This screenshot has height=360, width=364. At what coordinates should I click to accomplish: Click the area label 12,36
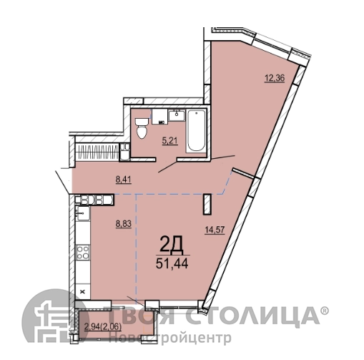[x=275, y=78]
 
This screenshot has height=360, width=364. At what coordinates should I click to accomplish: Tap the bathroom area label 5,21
[x=170, y=141]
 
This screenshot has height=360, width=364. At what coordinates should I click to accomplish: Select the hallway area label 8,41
[x=124, y=180]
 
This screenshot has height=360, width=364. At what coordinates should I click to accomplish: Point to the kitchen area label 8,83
[x=124, y=224]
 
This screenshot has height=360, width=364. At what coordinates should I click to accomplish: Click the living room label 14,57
[x=215, y=230]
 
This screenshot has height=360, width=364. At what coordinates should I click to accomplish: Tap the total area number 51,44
[x=172, y=263]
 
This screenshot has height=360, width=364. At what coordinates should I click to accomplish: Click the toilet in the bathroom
[x=142, y=128]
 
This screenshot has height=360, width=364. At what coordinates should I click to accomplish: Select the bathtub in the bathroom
[x=196, y=131]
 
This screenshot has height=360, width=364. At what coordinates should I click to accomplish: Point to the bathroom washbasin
[x=177, y=115]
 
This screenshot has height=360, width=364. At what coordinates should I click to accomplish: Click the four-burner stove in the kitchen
[x=83, y=253]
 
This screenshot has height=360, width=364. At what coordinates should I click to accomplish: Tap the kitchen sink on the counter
[x=83, y=213]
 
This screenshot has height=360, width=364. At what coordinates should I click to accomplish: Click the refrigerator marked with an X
[x=83, y=291]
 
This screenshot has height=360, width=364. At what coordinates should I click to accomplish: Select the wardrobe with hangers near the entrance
[x=97, y=152]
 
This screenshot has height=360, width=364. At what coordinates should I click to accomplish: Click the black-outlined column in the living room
[x=207, y=204]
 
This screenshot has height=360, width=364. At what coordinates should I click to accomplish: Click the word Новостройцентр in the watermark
[x=170, y=337]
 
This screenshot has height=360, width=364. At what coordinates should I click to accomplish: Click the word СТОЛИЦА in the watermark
[x=252, y=316]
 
